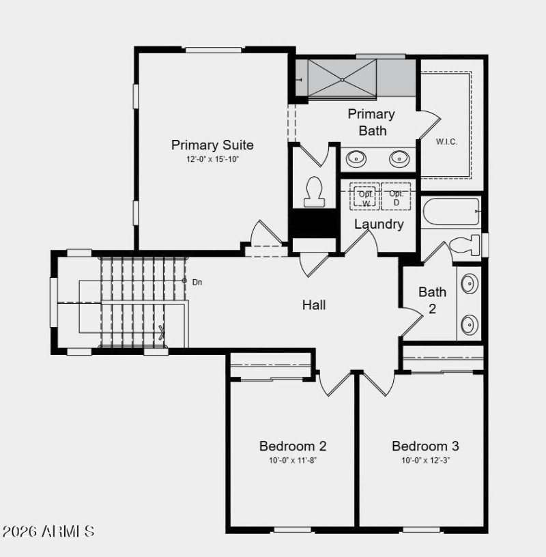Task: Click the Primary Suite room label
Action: click(212, 145)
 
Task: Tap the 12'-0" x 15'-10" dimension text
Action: click(212, 159)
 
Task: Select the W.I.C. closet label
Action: click(446, 141)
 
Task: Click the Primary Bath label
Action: click(371, 122)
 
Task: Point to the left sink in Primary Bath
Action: click(356, 159)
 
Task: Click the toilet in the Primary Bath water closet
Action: click(314, 192)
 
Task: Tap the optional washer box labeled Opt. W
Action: click(365, 197)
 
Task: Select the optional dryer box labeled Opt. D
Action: click(396, 197)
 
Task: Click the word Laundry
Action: click(379, 224)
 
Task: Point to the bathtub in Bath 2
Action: click(451, 212)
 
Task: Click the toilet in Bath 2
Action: click(465, 246)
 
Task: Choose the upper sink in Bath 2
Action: click(470, 283)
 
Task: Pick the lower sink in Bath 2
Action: click(470, 324)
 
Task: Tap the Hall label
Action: click(314, 305)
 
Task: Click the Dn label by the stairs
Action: click(197, 281)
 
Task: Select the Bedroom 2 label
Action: click(293, 446)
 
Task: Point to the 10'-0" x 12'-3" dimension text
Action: click(425, 460)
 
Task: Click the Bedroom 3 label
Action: click(425, 446)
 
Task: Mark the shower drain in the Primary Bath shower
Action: click(342, 78)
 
